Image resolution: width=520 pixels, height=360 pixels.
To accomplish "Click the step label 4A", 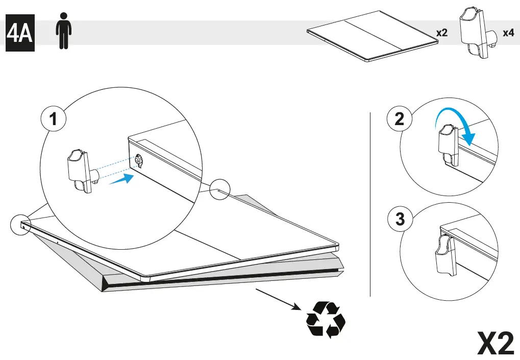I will [20, 35].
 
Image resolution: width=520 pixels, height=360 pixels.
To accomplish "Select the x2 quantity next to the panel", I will [441, 33].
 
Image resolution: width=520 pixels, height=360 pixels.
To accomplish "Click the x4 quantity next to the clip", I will [508, 33].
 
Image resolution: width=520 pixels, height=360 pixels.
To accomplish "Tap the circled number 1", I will [53, 120].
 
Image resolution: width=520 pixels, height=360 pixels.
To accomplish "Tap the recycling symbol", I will [326, 320].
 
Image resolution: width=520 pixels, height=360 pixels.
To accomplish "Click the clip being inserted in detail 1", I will [79, 171].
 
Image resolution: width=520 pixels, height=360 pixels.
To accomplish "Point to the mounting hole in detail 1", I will [139, 161].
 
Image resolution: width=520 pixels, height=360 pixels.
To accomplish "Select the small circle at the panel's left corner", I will [21, 224].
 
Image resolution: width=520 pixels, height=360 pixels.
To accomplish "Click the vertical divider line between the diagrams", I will [370, 204].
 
